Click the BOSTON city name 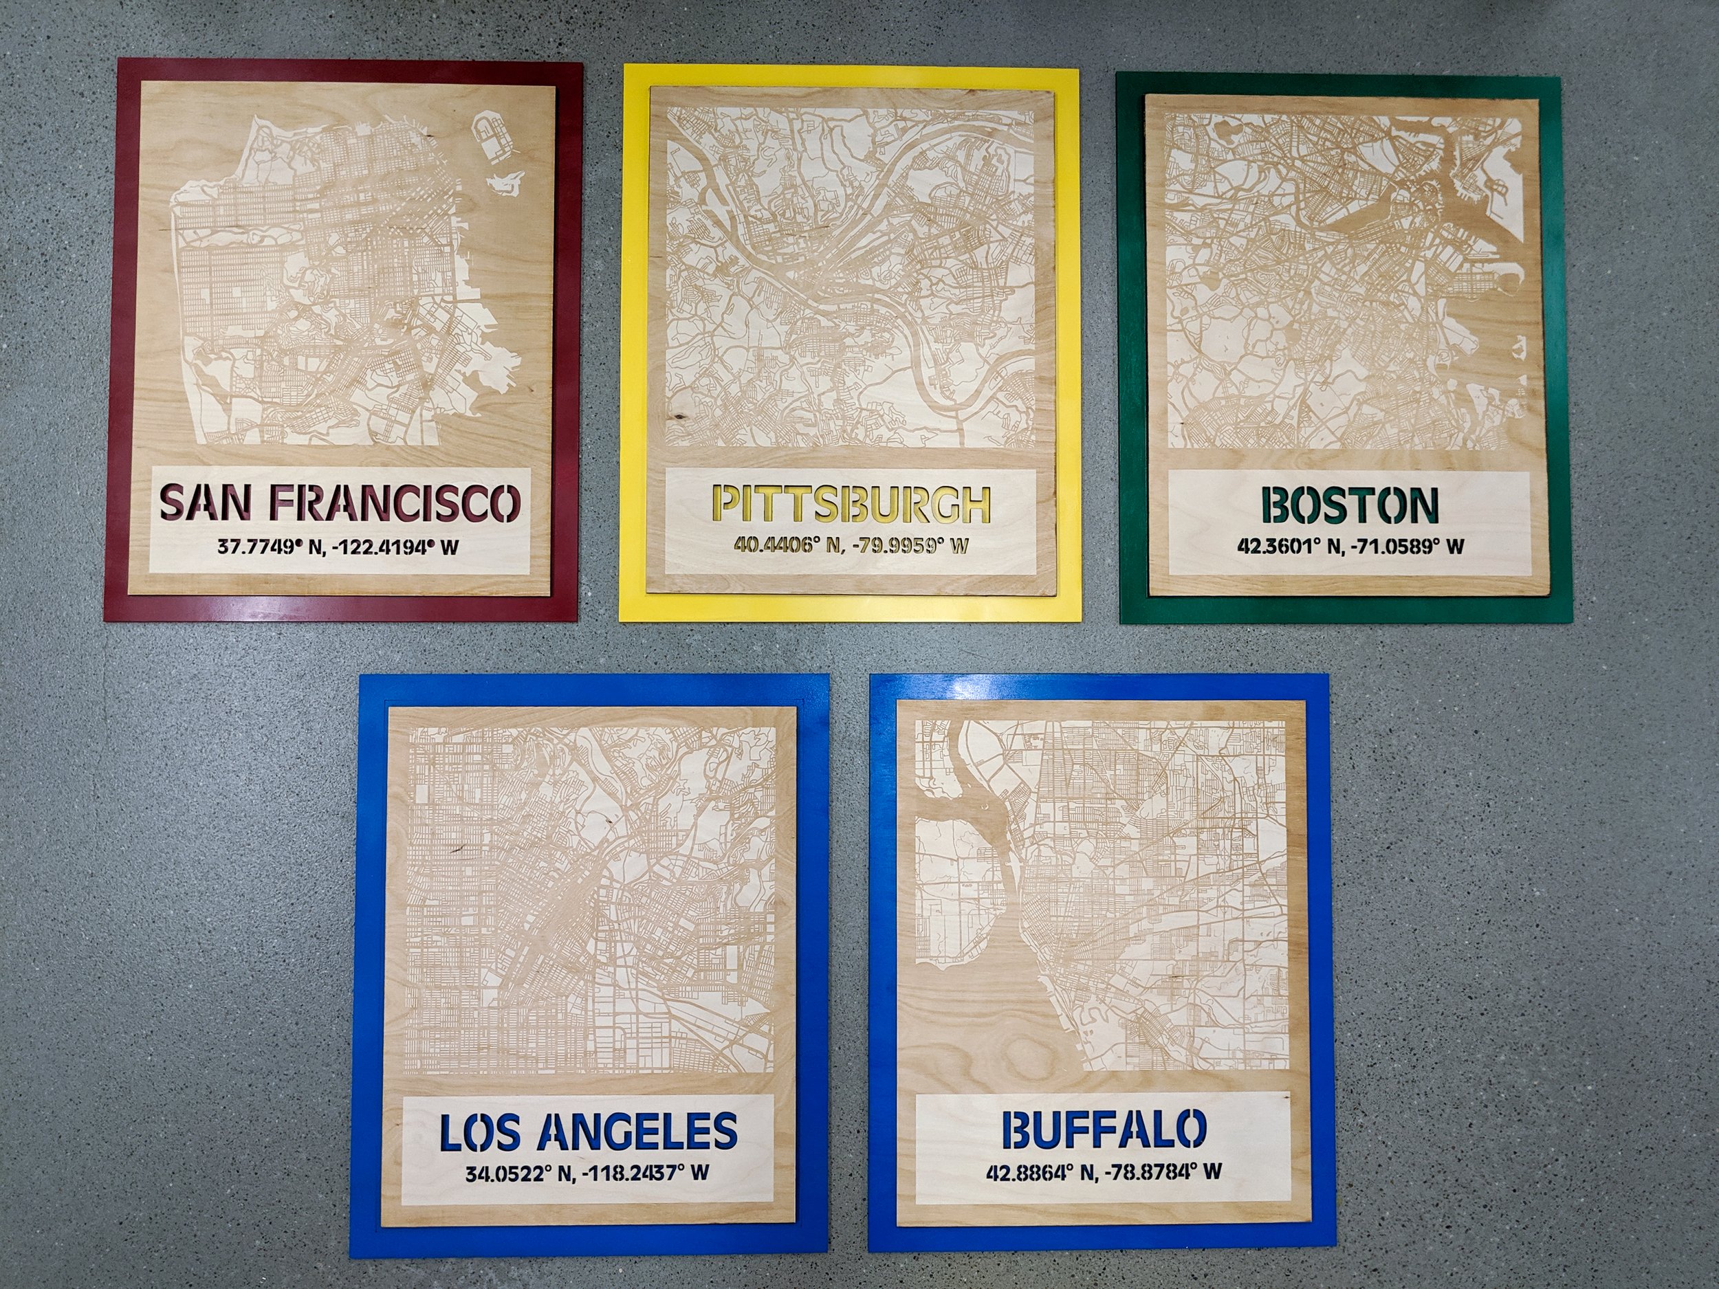1350,506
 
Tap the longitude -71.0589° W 1408,547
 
